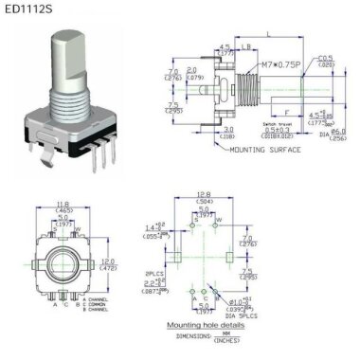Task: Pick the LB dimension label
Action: [x=245, y=46]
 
